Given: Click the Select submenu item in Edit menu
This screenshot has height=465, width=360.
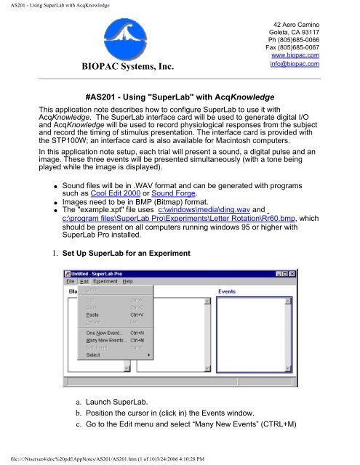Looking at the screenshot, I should coord(94,355).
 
